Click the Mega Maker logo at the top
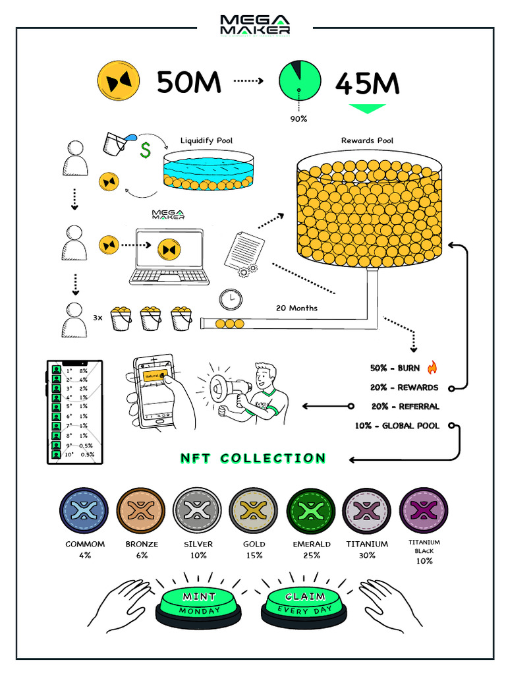(254, 24)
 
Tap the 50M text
(188, 82)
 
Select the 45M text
(367, 84)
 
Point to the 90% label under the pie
(298, 119)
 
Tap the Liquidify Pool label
(206, 140)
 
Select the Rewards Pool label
(368, 140)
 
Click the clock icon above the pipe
(231, 299)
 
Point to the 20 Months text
(297, 308)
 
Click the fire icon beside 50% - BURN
(432, 367)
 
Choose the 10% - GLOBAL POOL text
(397, 426)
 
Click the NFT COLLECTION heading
(253, 458)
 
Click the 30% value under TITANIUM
(367, 555)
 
